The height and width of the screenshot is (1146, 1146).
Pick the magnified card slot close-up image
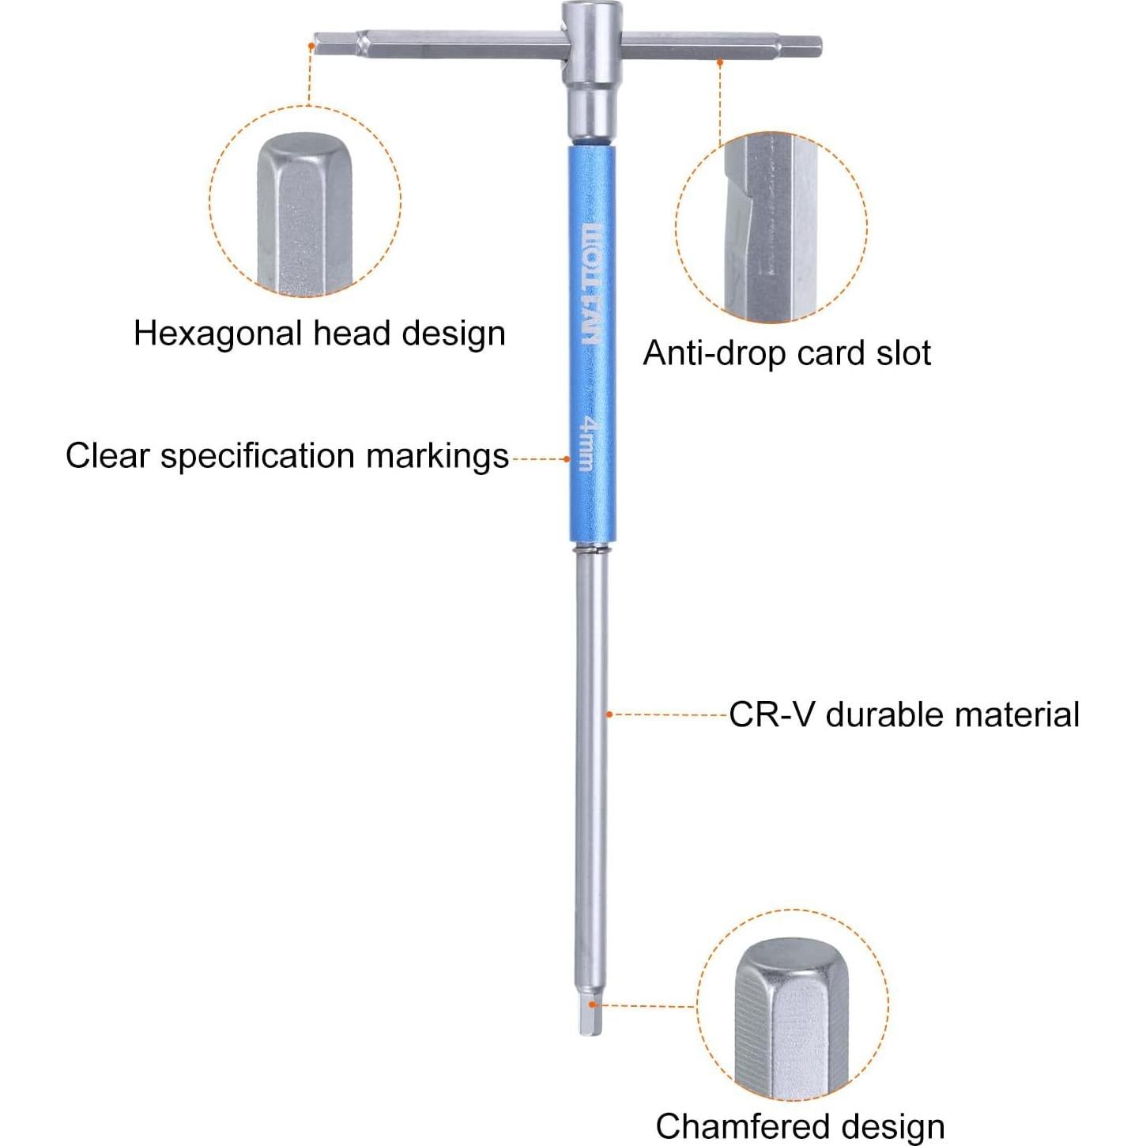(x=771, y=228)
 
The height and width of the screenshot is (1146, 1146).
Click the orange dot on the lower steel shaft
(x=609, y=714)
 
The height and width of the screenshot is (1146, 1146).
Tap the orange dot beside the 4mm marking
(x=567, y=458)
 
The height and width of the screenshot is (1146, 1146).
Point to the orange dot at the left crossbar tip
(x=311, y=47)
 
